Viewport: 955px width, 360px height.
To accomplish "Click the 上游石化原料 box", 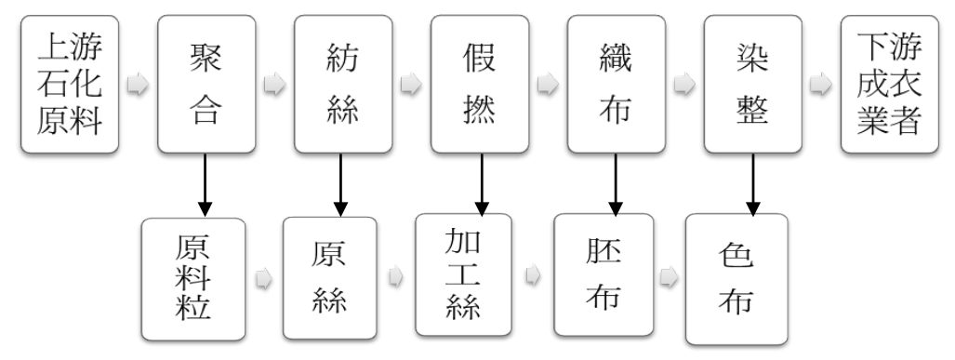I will pyautogui.click(x=69, y=84).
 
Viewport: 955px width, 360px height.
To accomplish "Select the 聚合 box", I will pyautogui.click(x=206, y=84).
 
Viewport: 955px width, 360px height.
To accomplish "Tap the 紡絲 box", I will pyautogui.click(x=341, y=84).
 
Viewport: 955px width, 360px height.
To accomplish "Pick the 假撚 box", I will pyautogui.click(x=479, y=84).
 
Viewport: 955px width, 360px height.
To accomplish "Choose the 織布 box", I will pyautogui.click(x=615, y=84).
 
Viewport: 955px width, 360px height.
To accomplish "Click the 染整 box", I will pyautogui.click(x=751, y=84).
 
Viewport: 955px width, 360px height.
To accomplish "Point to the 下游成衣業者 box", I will pyautogui.click(x=888, y=84).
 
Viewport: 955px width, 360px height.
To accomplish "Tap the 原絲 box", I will pyautogui.click(x=330, y=277).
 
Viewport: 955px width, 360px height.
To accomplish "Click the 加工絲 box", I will pyautogui.click(x=463, y=275).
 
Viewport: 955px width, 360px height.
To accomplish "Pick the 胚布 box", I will pyautogui.click(x=600, y=275).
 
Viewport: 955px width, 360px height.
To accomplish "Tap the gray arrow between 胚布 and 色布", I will pyautogui.click(x=669, y=277).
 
